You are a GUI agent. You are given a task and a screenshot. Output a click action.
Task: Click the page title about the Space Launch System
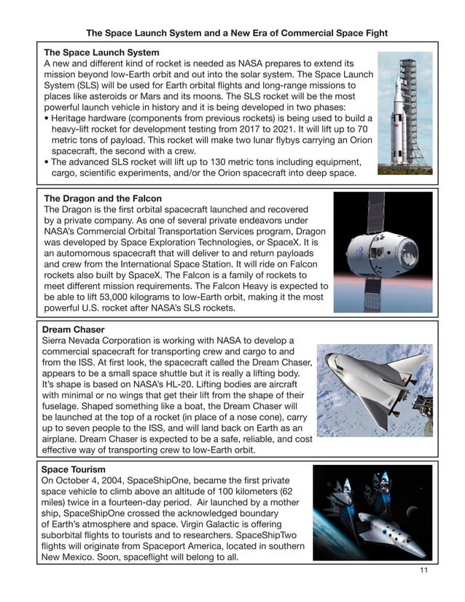coord(237,34)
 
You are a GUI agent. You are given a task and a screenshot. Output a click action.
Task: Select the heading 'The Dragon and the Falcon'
coord(103,198)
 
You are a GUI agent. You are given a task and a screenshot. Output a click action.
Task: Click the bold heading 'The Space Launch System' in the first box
coord(101,53)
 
